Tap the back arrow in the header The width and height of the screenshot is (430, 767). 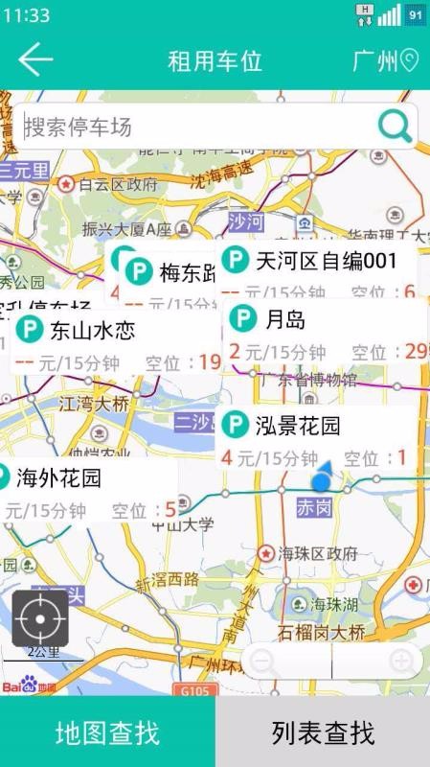coord(35,60)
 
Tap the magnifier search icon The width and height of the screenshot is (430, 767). coord(395,126)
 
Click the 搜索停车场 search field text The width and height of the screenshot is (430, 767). coord(79,128)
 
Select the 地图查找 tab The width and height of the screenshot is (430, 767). coord(107,733)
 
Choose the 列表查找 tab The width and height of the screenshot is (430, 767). coord(323,733)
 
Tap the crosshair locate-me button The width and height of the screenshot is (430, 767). coord(40,617)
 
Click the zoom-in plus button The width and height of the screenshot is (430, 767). coord(401,661)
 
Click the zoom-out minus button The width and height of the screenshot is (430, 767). coord(263,661)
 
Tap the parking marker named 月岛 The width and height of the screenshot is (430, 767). coord(283,319)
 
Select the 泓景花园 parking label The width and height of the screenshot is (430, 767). coord(297,425)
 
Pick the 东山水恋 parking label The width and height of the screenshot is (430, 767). coord(92,332)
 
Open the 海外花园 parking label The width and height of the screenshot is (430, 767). coord(58,476)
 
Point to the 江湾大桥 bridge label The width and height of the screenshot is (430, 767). coord(94,404)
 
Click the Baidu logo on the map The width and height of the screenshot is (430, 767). coord(29,687)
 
